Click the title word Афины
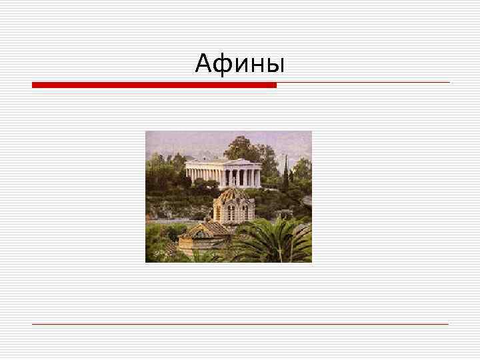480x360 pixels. coord(240,64)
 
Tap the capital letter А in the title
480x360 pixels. coord(204,64)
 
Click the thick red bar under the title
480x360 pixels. coord(154,85)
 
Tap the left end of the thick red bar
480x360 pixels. coord(34,85)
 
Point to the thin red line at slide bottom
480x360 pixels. coord(240,324)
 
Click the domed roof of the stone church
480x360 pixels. coord(231,195)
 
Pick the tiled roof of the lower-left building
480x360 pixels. coord(204,230)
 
